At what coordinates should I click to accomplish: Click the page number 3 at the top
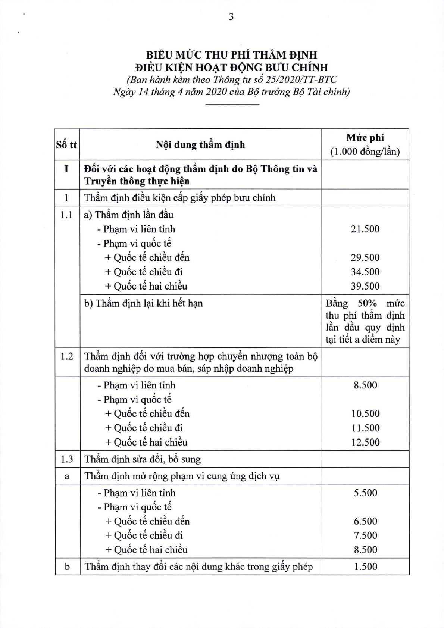(x=231, y=17)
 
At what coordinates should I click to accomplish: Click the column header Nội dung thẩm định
(x=200, y=145)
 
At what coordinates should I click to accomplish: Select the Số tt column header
(x=66, y=145)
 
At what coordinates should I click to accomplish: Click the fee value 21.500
(x=365, y=229)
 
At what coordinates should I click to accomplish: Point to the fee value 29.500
(x=365, y=257)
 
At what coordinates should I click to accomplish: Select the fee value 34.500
(x=365, y=272)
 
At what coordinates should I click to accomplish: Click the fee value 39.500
(x=365, y=286)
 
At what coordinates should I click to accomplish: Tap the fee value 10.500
(x=365, y=413)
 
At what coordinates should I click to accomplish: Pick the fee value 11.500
(x=365, y=428)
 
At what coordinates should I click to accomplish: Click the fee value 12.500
(x=365, y=442)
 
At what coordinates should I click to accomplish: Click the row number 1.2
(x=67, y=356)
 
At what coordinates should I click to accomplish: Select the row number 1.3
(x=67, y=459)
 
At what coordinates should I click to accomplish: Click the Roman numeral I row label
(x=67, y=169)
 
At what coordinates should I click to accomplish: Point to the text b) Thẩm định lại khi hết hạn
(x=144, y=303)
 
